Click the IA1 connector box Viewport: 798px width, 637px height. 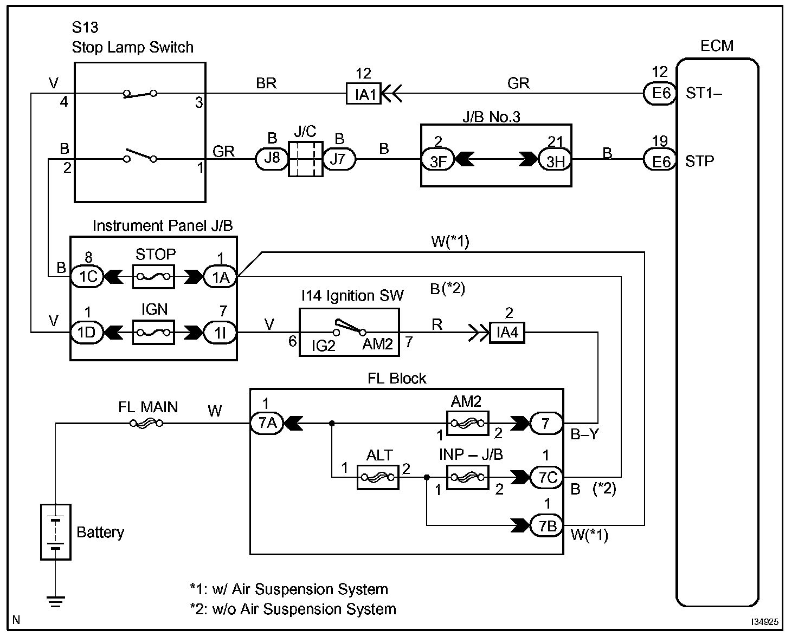364,94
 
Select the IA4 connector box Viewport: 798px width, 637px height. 507,333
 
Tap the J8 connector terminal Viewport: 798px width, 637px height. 272,160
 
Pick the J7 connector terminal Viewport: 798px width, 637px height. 339,160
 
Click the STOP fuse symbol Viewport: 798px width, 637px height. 153,277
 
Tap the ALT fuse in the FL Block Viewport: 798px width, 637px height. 378,478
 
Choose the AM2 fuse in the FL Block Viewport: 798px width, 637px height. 467,423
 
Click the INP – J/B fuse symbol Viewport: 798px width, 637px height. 467,478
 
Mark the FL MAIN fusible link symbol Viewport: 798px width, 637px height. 147,423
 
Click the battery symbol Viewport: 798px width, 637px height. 55,531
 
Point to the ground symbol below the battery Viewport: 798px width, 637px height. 55,601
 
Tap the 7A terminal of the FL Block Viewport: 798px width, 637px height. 267,423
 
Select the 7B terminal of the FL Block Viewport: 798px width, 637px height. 546,525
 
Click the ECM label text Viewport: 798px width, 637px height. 717,46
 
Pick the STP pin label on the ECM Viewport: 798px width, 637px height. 699,161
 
